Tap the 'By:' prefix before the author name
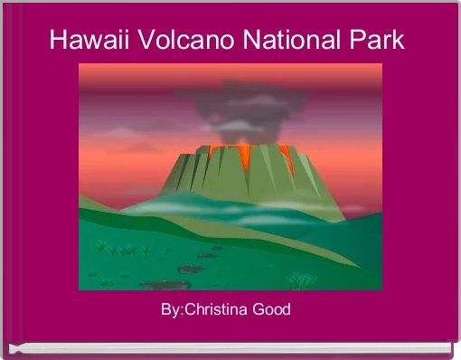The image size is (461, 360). coord(172,311)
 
